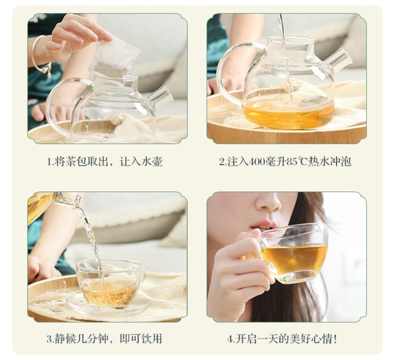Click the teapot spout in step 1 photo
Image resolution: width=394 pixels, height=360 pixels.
(161, 95)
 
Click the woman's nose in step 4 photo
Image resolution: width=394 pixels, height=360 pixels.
(269, 204)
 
